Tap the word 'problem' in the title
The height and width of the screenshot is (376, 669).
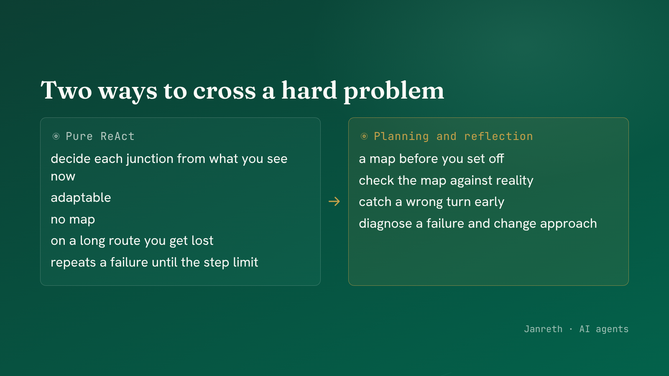tap(393, 91)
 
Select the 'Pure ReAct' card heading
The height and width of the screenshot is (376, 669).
tap(100, 136)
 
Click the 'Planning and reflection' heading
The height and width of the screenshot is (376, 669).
tap(453, 136)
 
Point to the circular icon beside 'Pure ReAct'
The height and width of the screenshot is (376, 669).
tap(56, 136)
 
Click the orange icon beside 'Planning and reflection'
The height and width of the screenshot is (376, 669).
tap(364, 136)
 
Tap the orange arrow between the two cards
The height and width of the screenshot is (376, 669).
tap(334, 201)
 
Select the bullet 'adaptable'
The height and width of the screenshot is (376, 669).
tap(81, 198)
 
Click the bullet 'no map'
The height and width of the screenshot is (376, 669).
tap(73, 219)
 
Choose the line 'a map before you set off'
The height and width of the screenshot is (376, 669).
tap(431, 159)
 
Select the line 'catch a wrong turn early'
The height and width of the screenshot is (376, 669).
tap(431, 202)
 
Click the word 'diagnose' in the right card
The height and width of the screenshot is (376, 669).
tap(385, 224)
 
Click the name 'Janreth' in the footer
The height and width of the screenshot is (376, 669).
tap(543, 329)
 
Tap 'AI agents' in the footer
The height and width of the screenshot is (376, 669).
tap(604, 329)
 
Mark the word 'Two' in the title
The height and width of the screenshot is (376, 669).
tap(66, 90)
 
